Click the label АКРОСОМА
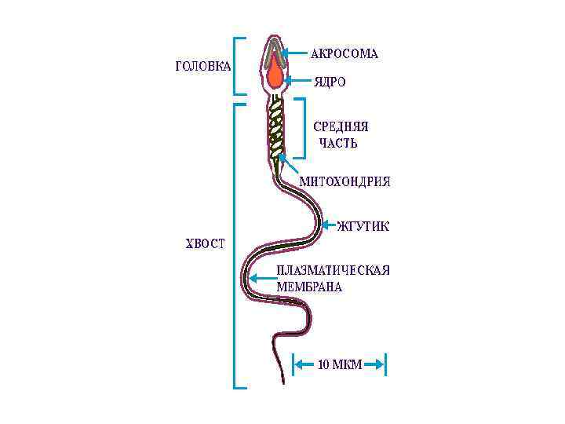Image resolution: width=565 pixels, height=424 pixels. (344, 54)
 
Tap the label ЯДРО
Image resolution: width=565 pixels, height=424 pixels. (330, 81)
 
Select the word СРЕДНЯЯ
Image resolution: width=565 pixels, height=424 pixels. (341, 126)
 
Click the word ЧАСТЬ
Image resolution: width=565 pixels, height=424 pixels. (338, 144)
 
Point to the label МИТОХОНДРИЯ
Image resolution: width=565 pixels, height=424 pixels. (344, 181)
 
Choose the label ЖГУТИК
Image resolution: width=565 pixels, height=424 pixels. (363, 227)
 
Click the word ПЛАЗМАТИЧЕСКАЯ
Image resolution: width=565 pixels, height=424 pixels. (333, 271)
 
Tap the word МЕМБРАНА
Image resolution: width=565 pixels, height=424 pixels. (309, 287)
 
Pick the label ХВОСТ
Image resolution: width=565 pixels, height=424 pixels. (204, 243)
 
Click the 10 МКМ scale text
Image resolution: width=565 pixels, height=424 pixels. (340, 364)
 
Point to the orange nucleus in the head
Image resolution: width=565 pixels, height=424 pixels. (275, 76)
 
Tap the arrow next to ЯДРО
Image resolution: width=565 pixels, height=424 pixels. (298, 80)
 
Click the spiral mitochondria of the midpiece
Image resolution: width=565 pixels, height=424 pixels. (276, 129)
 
